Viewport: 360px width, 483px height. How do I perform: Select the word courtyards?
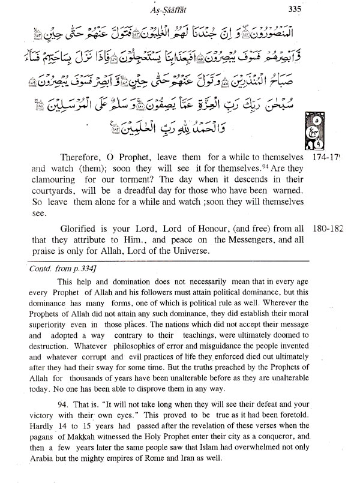(x=37, y=191)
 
